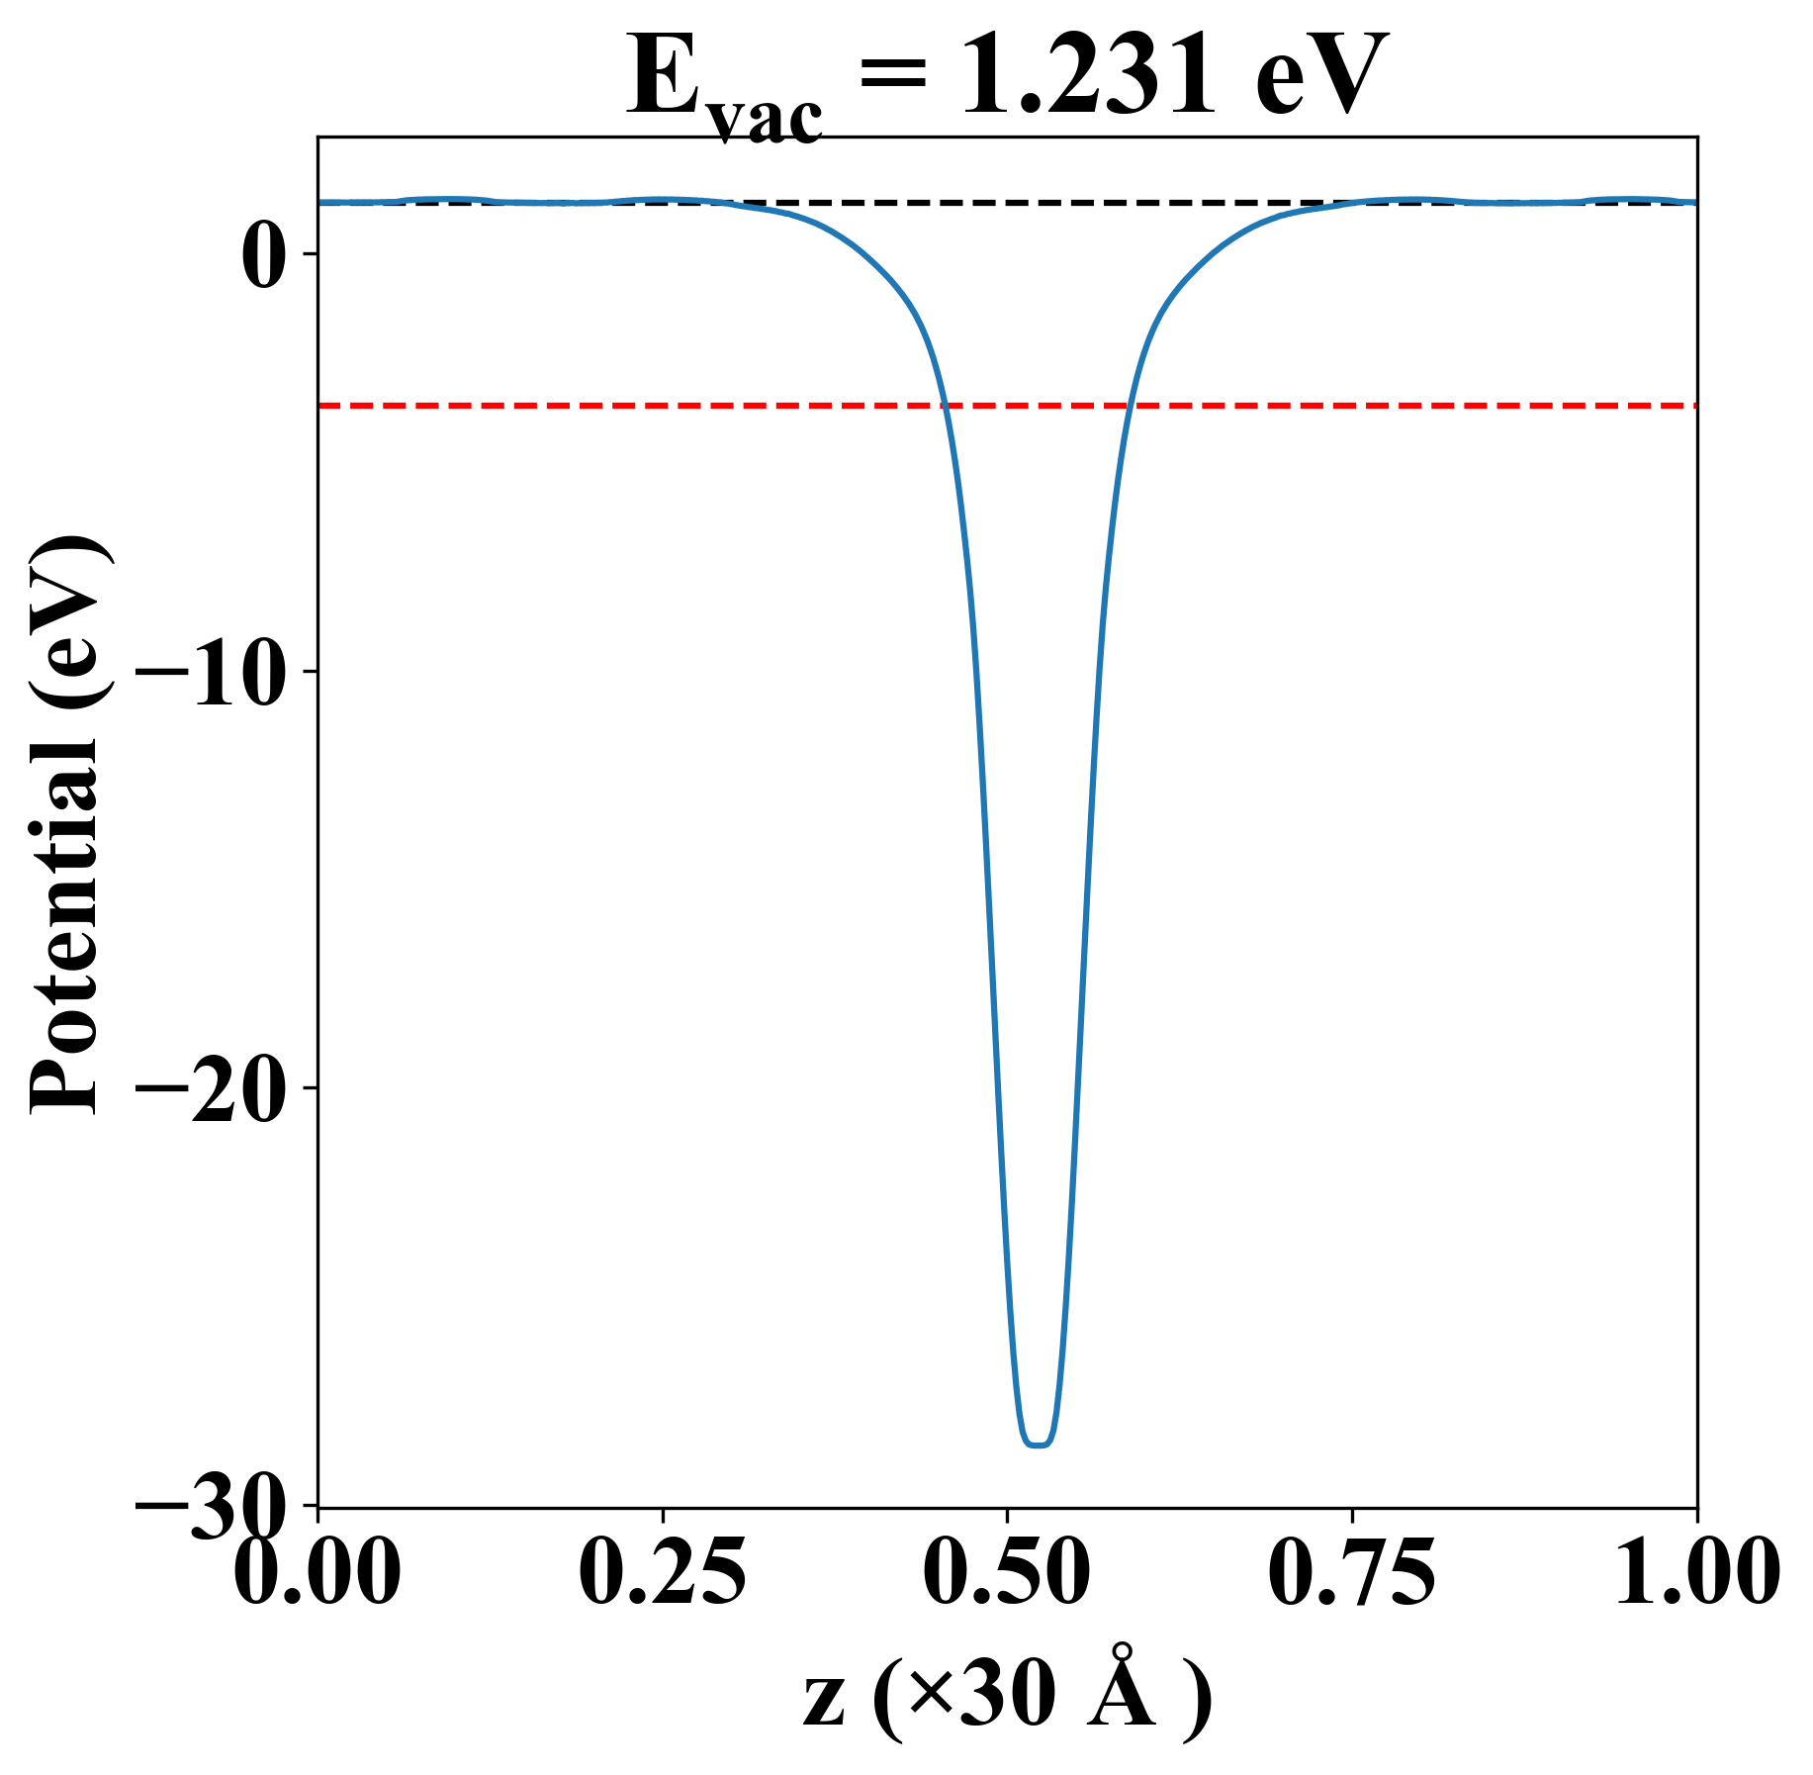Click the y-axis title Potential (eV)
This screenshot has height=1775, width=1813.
[x=67, y=827]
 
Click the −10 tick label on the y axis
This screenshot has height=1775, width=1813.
[x=220, y=672]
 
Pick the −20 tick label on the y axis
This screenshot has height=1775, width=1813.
[x=220, y=1088]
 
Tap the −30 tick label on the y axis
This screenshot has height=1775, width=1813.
[x=220, y=1506]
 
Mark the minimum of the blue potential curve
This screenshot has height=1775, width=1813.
[x=1037, y=1444]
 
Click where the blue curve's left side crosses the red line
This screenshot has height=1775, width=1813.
[x=946, y=406]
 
